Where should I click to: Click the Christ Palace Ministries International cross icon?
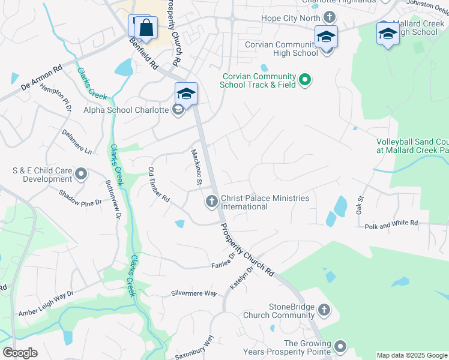(211, 202)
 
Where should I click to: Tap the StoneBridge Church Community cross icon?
(324, 310)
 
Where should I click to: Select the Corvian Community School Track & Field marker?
(305, 79)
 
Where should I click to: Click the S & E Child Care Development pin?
(82, 175)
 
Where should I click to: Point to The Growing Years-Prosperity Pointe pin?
(341, 346)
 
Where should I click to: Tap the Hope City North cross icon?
(329, 17)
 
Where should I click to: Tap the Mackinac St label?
(195, 166)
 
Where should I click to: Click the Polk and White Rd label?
(391, 223)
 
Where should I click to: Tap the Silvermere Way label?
(193, 293)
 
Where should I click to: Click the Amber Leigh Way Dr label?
(46, 304)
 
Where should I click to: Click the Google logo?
(20, 352)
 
